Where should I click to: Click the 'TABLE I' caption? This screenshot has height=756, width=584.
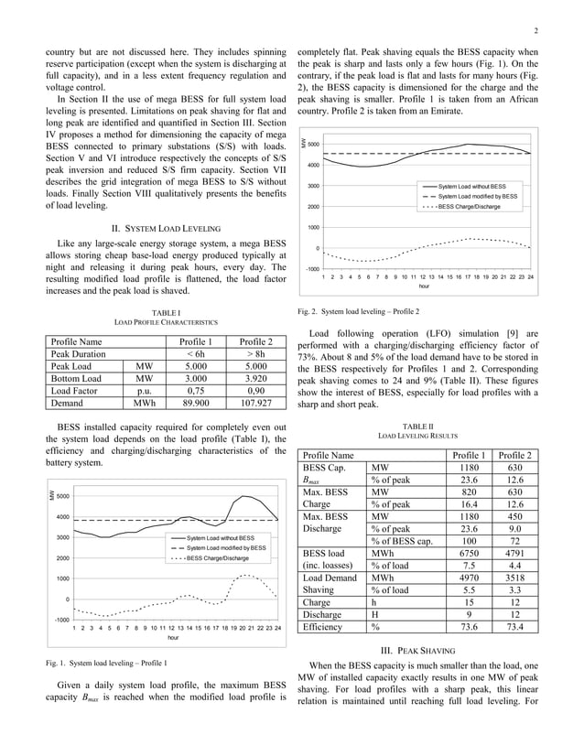pos(165,314)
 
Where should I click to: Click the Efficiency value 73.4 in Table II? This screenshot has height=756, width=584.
pos(514,627)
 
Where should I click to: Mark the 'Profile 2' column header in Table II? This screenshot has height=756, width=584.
pos(514,455)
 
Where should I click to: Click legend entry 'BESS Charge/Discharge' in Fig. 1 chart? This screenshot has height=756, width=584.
pos(215,558)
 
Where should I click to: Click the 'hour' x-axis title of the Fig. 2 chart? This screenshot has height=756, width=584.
pos(424,286)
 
